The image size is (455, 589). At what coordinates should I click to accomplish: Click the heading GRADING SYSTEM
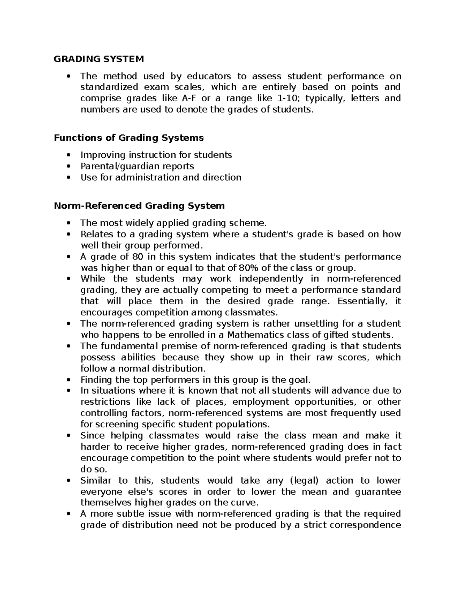pos(99,59)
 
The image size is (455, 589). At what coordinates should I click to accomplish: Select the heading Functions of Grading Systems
pos(129,138)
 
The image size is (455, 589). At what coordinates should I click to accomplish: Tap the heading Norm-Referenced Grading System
pos(139,206)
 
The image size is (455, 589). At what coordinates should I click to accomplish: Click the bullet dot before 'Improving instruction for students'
pos(68,155)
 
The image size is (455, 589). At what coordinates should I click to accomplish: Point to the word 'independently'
pos(271,279)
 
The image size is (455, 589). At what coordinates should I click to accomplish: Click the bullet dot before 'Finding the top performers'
pos(68,380)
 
